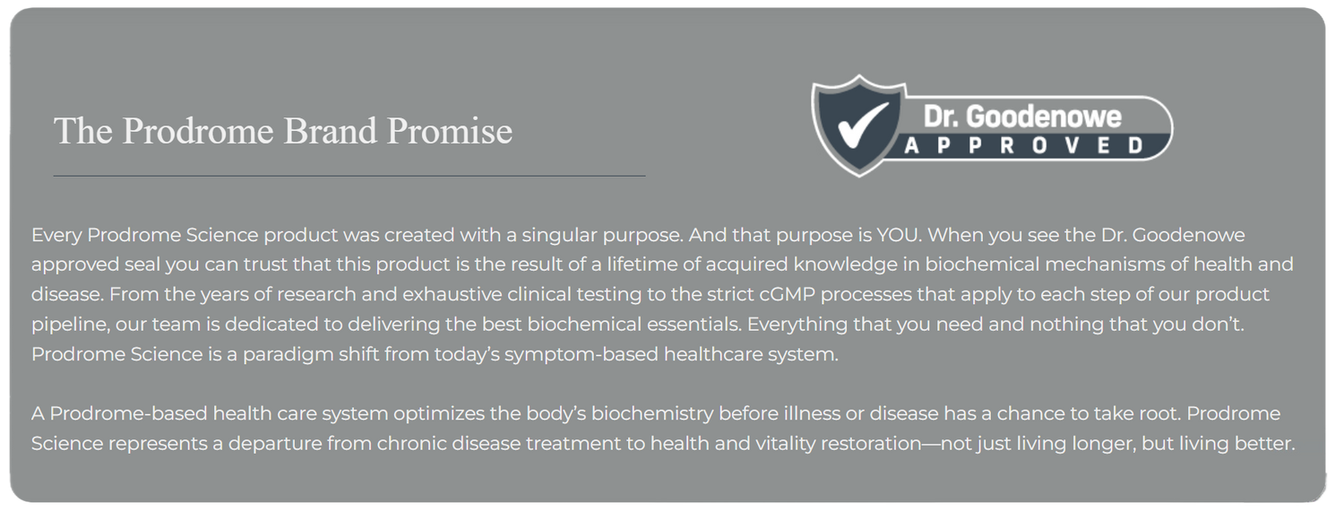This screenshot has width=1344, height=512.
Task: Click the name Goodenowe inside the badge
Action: (x=1044, y=117)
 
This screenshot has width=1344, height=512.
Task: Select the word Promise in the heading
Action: (x=450, y=131)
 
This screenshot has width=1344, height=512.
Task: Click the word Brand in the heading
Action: (x=330, y=131)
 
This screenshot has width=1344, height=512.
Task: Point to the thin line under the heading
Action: (x=349, y=176)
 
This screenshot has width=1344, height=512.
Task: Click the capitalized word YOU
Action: (x=898, y=235)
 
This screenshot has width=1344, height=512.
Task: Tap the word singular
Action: (x=559, y=235)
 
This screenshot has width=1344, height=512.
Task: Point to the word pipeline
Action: (x=70, y=325)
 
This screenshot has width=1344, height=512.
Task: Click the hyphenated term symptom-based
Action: (x=582, y=355)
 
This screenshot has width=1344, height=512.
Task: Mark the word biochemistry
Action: (x=652, y=414)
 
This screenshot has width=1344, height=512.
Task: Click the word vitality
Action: (x=786, y=444)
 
